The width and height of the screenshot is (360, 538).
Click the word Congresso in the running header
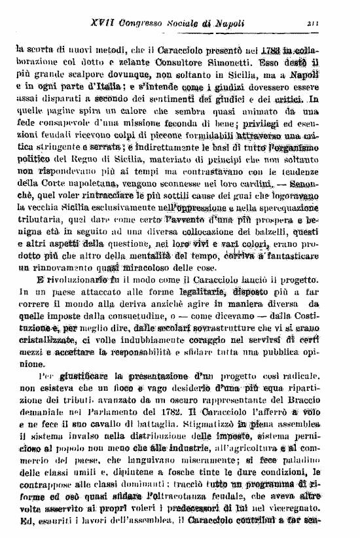148,24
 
